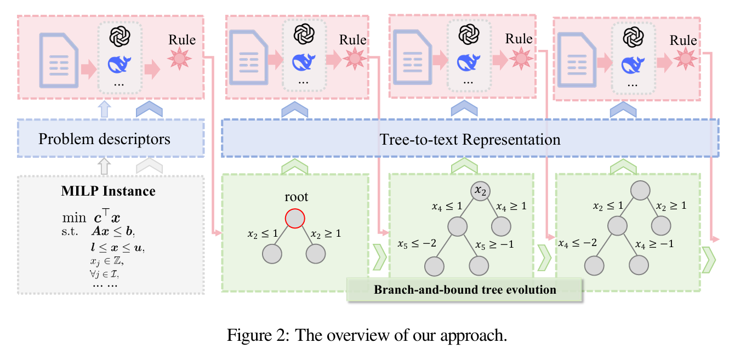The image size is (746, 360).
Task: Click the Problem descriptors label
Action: pyautogui.click(x=104, y=139)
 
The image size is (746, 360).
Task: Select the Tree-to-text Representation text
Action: pyautogui.click(x=470, y=139)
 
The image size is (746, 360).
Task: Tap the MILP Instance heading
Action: pyautogui.click(x=108, y=191)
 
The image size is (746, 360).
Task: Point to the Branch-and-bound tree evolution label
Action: pyautogui.click(x=465, y=289)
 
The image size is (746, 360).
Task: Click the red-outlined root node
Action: pyautogui.click(x=294, y=219)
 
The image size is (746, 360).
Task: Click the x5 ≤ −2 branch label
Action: pyautogui.click(x=416, y=243)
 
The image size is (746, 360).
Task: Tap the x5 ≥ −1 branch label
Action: pyautogui.click(x=494, y=244)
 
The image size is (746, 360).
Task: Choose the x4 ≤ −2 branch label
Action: pyautogui.click(x=577, y=243)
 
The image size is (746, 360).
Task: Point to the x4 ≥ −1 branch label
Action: pyautogui.click(x=654, y=244)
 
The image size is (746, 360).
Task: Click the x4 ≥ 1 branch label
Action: pyautogui.click(x=511, y=207)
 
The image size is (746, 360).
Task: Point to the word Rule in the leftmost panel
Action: pyautogui.click(x=181, y=39)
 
